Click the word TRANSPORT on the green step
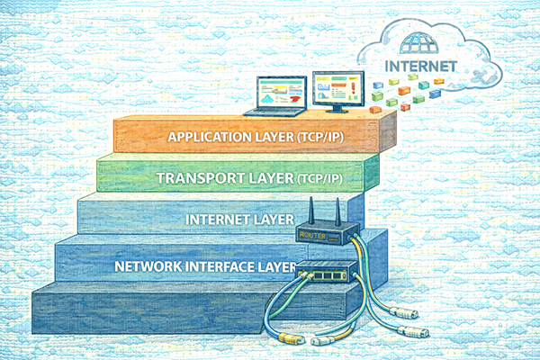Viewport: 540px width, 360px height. pos(200,178)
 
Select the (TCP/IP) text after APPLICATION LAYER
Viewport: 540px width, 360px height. pos(322,138)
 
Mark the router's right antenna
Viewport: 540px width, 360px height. pos(333,213)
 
